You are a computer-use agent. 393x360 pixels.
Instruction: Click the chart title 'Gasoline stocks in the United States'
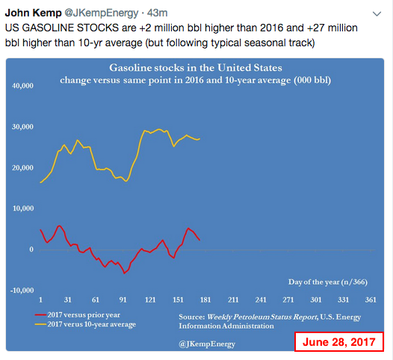point(196,68)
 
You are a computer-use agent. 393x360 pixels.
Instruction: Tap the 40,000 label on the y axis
point(22,86)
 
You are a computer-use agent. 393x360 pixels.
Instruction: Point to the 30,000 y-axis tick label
point(22,127)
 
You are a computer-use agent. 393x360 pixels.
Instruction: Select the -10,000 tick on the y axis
point(22,291)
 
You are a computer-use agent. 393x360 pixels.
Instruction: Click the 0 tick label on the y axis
point(31,249)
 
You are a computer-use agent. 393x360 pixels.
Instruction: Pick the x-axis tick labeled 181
point(205,300)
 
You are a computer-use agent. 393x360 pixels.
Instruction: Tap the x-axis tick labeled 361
point(371,300)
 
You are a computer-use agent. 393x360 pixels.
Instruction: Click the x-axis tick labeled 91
point(123,300)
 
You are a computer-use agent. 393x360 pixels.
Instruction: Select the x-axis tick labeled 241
point(261,300)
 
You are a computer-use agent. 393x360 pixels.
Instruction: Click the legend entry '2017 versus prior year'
point(78,315)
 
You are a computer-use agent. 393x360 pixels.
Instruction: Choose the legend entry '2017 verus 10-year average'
point(85,324)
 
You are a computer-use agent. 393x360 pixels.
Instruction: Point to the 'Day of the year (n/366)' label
point(328,282)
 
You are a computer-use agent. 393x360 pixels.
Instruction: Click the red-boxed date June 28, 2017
point(339,342)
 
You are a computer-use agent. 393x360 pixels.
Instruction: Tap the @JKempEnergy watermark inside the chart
point(207,344)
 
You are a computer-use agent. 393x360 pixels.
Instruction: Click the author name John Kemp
point(33,13)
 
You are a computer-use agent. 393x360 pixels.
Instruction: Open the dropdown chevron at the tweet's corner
point(377,13)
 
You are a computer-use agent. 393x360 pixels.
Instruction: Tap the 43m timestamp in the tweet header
point(157,13)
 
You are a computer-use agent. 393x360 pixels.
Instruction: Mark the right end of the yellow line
point(199,138)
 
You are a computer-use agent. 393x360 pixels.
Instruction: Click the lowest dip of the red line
point(124,273)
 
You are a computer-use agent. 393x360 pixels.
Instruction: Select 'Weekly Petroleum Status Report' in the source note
point(262,317)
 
